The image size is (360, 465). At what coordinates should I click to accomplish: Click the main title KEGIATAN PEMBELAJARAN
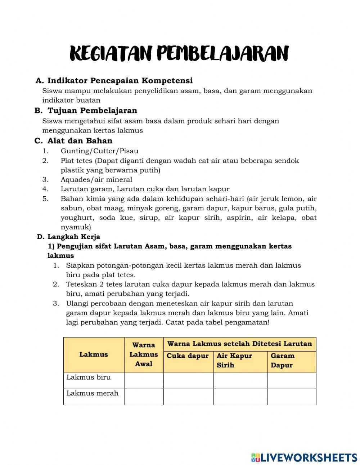point(179,54)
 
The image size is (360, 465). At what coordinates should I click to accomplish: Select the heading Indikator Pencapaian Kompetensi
point(120,80)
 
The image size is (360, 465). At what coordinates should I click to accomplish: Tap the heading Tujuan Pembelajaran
point(92,111)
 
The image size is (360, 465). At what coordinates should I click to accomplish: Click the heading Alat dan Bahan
point(80,141)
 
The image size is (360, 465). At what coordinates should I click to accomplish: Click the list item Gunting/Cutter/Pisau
point(99,151)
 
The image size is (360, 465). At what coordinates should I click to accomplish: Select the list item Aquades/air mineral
point(96,179)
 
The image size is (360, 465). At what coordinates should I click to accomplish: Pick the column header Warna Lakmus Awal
point(144,354)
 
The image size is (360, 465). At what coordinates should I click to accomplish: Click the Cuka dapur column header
point(188,356)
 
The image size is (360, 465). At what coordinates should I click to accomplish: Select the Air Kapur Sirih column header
point(234,360)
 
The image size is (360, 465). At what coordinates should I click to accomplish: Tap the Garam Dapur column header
point(283,360)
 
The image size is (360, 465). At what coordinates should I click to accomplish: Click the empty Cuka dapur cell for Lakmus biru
point(188,381)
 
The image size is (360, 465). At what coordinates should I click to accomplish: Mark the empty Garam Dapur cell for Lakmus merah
point(292,397)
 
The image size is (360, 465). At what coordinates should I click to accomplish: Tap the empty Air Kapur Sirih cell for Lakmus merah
point(240,397)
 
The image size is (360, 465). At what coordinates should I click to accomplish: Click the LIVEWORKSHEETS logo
point(304,457)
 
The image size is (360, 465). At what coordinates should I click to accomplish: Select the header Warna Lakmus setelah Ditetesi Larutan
point(240,344)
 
